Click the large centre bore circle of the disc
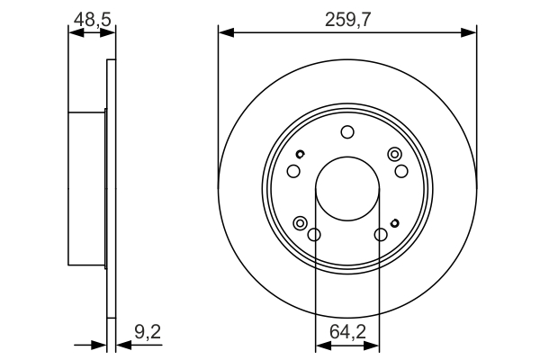347,191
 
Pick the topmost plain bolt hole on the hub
347,133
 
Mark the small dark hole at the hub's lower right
395,222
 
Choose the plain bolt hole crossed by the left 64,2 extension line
314,236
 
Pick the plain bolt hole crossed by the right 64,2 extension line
381,236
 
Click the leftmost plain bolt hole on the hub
292,172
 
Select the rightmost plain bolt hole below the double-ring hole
401,172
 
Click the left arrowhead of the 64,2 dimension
320,344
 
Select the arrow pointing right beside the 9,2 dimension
100,344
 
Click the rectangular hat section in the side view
87,189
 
